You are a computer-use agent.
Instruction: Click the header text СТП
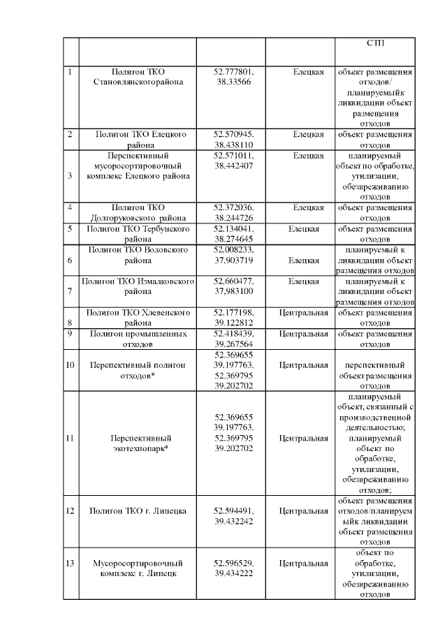coord(374,43)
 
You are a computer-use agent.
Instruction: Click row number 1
coord(68,72)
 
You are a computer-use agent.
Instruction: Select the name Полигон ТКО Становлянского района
coord(138,77)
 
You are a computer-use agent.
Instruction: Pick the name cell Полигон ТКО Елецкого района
coord(138,138)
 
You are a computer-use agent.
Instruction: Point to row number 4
coord(69,207)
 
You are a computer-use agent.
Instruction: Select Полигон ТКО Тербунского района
coord(138,233)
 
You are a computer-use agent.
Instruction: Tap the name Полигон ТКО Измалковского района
coord(138,286)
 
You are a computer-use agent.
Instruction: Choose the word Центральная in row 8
coord(303,312)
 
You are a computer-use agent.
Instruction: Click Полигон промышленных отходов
coord(138,339)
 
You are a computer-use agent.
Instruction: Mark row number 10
coord(69,365)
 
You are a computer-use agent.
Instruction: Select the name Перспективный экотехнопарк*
coord(138,443)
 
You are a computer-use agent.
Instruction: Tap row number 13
coord(69,562)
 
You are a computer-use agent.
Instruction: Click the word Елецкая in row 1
coord(308,72)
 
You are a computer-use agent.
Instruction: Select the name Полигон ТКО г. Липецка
coord(138,510)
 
